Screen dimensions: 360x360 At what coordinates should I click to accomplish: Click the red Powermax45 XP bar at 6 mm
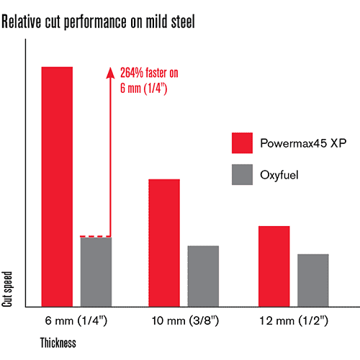coord(57,186)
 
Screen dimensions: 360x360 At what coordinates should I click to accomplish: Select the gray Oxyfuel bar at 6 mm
coord(96,272)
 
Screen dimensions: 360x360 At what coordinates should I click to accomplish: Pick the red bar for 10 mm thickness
coord(164,243)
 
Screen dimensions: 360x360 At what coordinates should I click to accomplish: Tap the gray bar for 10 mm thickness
coord(203,276)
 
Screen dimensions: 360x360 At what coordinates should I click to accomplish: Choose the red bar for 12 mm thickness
coord(274,266)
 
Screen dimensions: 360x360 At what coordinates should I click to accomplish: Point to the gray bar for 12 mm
coord(313,280)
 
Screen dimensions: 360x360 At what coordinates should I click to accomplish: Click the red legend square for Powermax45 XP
coord(242,143)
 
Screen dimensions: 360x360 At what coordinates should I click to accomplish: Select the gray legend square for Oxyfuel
coord(242,174)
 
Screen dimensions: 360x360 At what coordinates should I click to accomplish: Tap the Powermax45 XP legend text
coord(303,143)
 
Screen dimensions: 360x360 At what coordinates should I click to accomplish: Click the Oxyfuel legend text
coord(279,175)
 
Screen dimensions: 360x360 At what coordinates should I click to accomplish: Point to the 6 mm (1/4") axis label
coord(76,320)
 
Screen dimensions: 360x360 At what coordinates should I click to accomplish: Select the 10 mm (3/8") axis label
coord(185,320)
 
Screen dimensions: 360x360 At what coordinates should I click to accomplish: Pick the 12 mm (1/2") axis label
coord(294,320)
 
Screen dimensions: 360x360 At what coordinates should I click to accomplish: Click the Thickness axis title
coord(58,343)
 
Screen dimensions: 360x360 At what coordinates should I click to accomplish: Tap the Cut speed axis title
coord(7,289)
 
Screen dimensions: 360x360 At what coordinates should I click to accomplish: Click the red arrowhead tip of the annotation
coord(110,67)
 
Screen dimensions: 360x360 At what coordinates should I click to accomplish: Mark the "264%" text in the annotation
coord(132,73)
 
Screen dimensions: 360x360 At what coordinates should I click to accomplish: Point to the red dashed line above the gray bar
coord(96,237)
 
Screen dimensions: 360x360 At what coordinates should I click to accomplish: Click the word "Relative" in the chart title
coord(22,22)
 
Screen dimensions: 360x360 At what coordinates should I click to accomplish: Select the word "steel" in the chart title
coord(183,22)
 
